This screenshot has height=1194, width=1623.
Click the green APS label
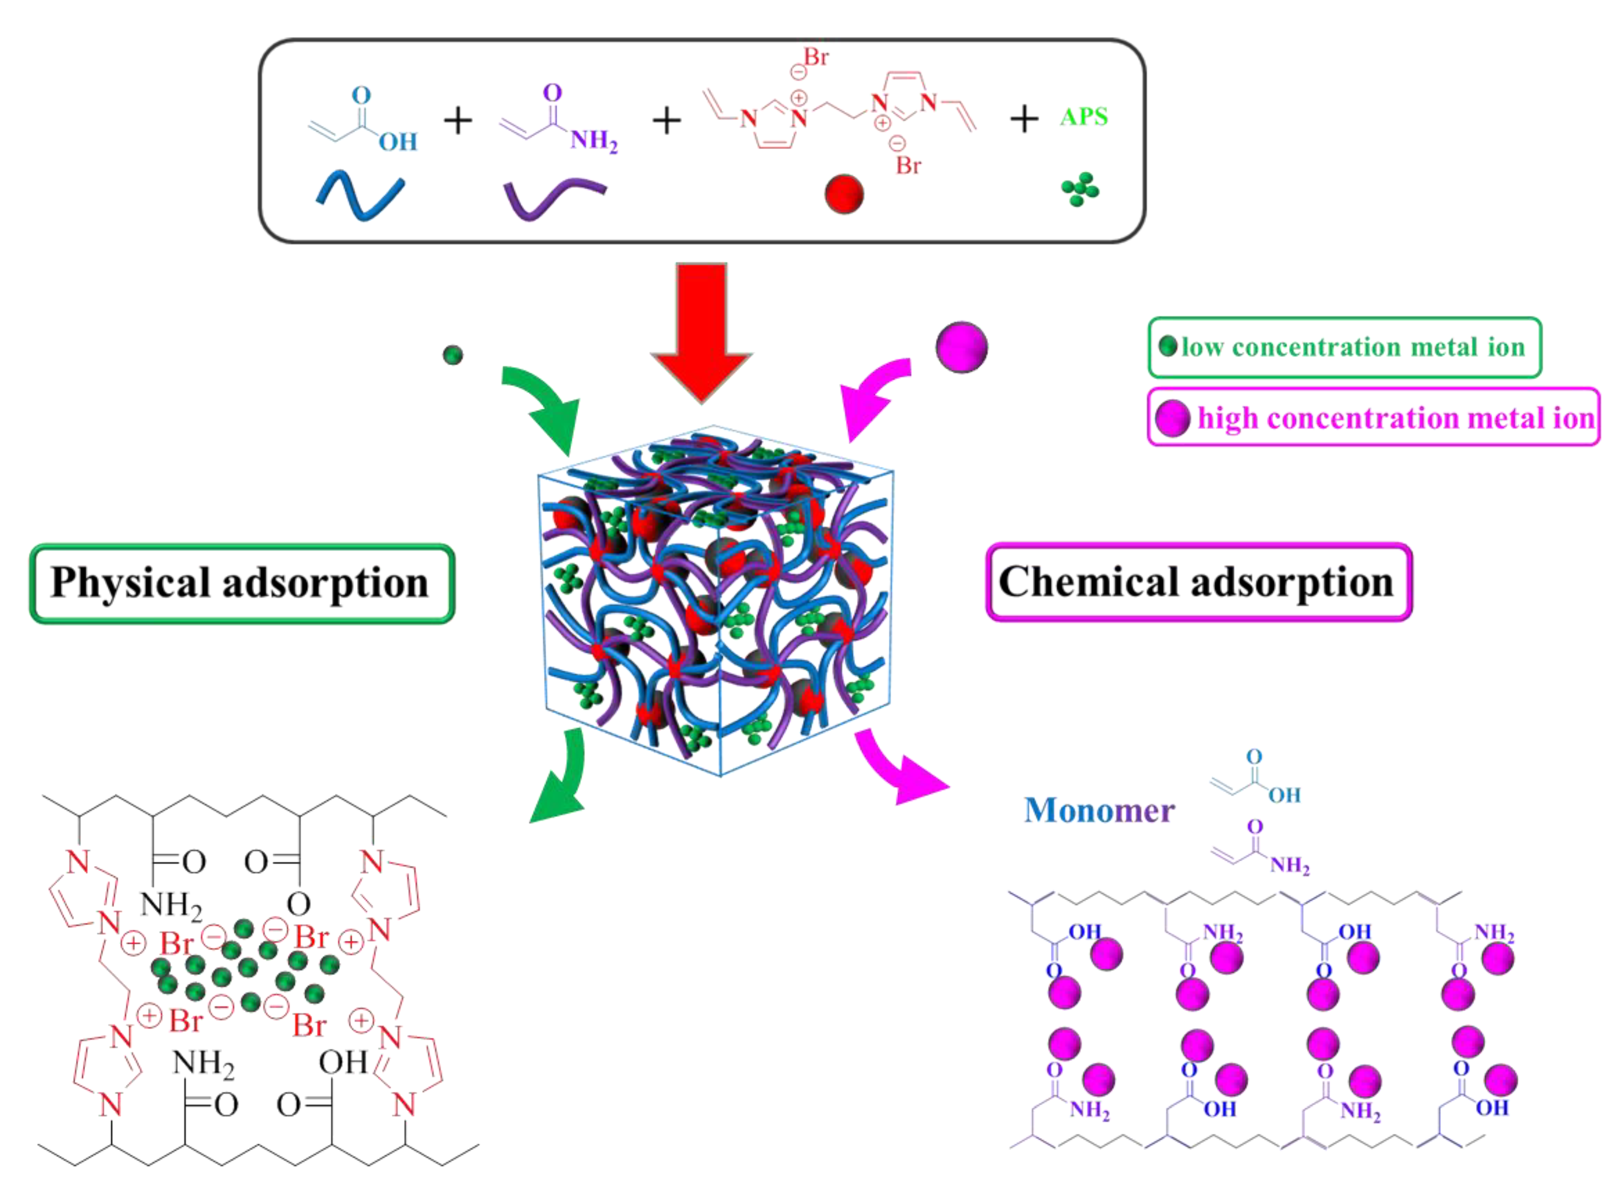(1083, 116)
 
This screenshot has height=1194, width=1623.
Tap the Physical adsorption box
(241, 583)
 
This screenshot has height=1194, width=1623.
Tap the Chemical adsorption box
(1198, 582)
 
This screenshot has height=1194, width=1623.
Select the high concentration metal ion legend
(1373, 417)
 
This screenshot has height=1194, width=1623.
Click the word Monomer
(1098, 810)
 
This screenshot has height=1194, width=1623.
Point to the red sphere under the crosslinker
(844, 194)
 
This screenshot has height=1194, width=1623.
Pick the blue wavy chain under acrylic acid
(360, 195)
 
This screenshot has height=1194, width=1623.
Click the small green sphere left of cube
(452, 355)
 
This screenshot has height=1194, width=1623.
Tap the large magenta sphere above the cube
(962, 347)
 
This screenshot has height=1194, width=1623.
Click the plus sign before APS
(1024, 119)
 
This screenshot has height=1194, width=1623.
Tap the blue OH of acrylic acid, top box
(398, 141)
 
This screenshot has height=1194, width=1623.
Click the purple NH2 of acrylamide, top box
(593, 139)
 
